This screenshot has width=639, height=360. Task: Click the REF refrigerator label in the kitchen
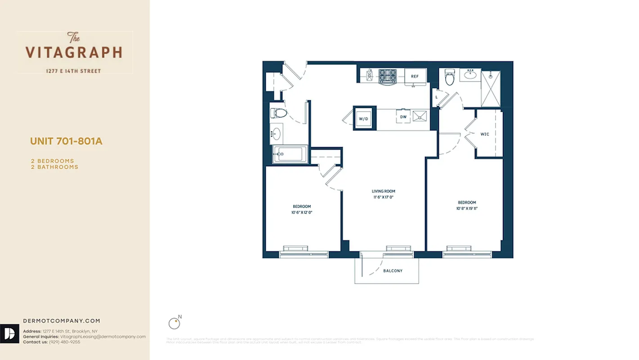pyautogui.click(x=415, y=76)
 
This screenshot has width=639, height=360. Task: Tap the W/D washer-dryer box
pyautogui.click(x=363, y=118)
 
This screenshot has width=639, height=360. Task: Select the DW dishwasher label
pyautogui.click(x=403, y=117)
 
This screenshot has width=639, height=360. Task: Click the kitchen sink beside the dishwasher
pyautogui.click(x=420, y=116)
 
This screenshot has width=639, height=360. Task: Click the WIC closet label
pyautogui.click(x=485, y=134)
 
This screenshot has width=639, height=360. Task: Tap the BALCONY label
pyautogui.click(x=393, y=271)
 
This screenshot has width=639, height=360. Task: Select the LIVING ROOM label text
pyautogui.click(x=383, y=191)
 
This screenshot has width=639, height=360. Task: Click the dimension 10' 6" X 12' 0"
pyautogui.click(x=302, y=212)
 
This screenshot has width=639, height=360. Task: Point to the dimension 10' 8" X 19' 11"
pyautogui.click(x=467, y=208)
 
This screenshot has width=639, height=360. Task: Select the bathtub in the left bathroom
pyautogui.click(x=290, y=154)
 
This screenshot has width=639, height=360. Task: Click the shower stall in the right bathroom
pyautogui.click(x=491, y=88)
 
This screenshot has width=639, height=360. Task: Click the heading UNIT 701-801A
pyautogui.click(x=66, y=141)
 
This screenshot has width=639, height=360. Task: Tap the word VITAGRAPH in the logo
pyautogui.click(x=74, y=52)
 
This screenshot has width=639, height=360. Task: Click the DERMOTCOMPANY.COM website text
pyautogui.click(x=62, y=321)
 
